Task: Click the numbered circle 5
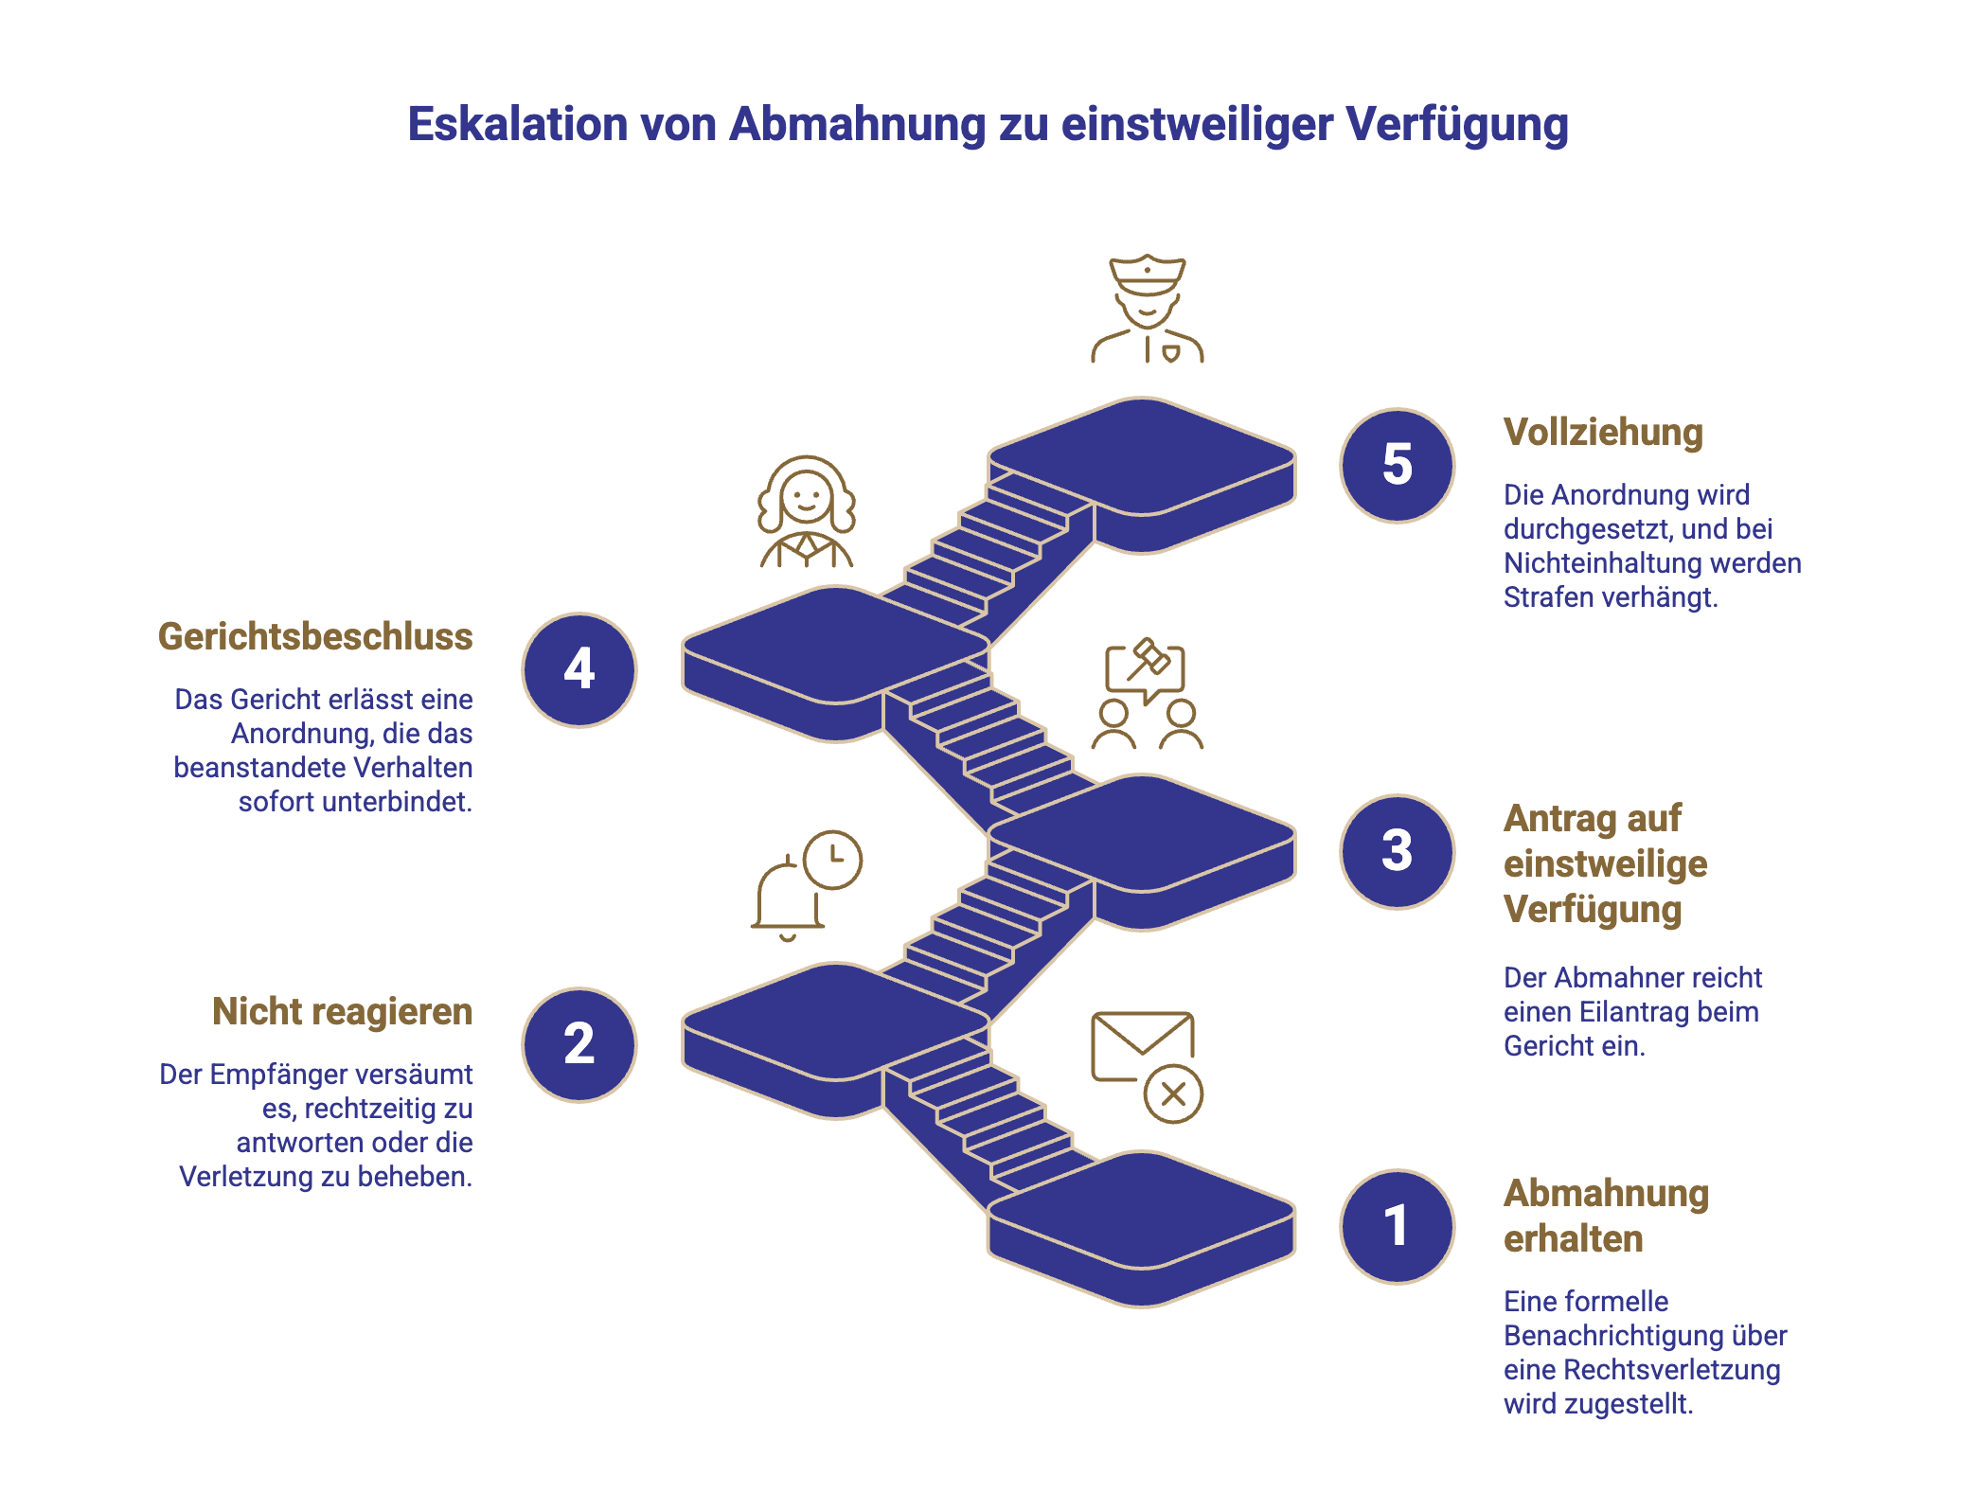point(1397,465)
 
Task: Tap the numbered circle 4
point(579,669)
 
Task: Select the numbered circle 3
point(1397,851)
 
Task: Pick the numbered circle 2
point(579,1044)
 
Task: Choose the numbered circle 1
point(1397,1226)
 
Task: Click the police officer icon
point(1147,309)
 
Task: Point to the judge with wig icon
point(806,512)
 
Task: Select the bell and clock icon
point(806,886)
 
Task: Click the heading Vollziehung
point(1603,433)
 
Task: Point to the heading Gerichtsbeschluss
point(315,637)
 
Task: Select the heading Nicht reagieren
point(342,1012)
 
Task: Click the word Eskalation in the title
point(517,124)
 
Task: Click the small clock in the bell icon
point(832,860)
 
